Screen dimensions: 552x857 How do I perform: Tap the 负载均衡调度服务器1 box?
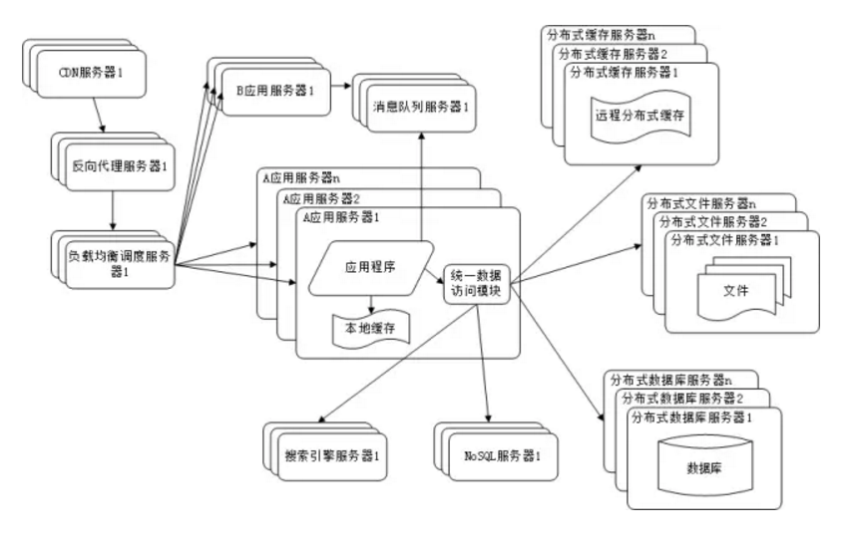[x=117, y=262]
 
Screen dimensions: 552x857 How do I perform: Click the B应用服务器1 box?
[x=275, y=92]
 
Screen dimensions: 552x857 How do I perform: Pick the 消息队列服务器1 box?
[x=420, y=106]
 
